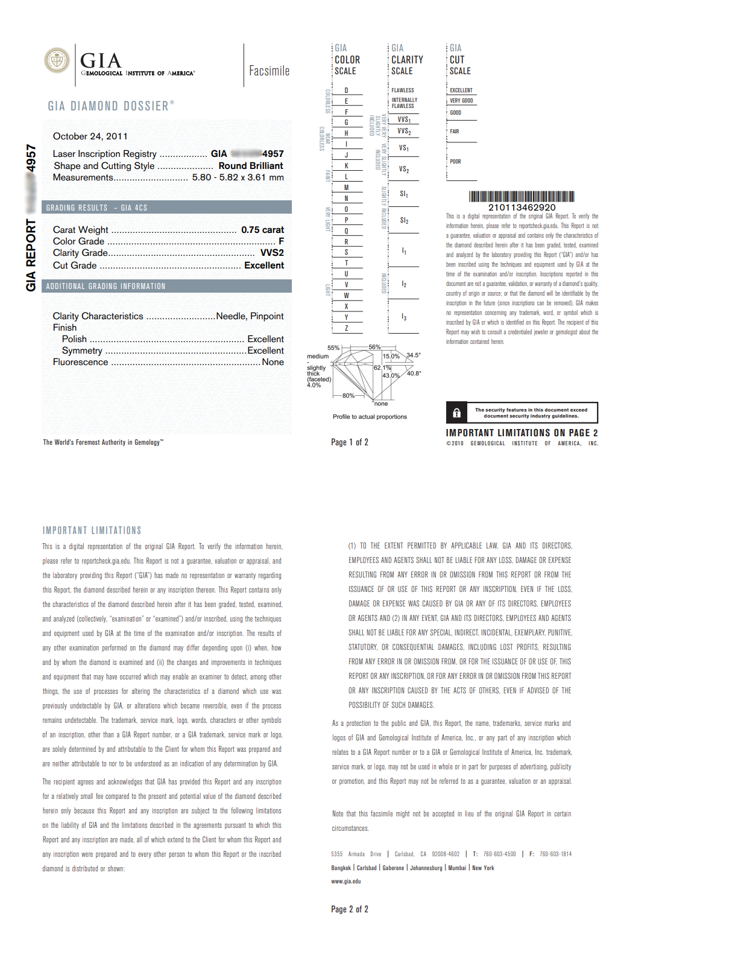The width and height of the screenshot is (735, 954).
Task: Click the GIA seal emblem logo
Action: tap(57, 60)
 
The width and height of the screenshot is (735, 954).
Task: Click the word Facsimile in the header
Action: tap(269, 71)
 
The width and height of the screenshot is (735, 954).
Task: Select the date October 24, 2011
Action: tap(90, 136)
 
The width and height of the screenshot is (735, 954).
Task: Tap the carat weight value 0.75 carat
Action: tap(262, 230)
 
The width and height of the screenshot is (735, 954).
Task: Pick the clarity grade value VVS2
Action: tap(272, 253)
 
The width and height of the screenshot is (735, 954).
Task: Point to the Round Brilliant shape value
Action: tap(250, 166)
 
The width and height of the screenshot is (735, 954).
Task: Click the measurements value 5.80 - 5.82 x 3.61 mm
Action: tap(238, 177)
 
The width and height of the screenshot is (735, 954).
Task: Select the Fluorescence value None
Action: tap(273, 362)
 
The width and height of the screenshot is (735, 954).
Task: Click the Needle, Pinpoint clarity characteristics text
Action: tap(250, 316)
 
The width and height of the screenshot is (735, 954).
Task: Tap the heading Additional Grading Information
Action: tap(106, 286)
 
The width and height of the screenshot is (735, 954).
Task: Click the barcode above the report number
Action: tap(522, 196)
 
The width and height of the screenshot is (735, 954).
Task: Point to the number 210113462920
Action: tap(522, 207)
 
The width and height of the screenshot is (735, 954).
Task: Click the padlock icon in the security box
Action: tap(456, 413)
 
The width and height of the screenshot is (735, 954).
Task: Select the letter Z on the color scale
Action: tap(346, 328)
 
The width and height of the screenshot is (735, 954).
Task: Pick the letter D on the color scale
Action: tap(346, 91)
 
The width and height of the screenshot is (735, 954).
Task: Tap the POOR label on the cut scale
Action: tap(455, 162)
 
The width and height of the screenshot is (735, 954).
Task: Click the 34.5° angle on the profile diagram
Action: tap(414, 355)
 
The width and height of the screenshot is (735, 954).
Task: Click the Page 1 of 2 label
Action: tap(349, 442)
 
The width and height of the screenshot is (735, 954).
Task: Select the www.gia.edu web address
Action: tap(346, 881)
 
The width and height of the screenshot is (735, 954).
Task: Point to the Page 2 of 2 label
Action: tap(349, 909)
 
